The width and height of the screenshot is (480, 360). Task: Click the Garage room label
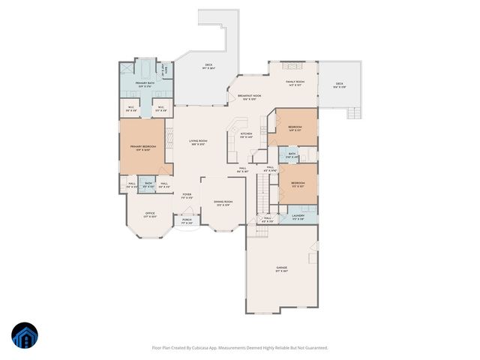pyautogui.click(x=282, y=268)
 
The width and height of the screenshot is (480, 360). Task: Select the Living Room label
pyautogui.click(x=198, y=142)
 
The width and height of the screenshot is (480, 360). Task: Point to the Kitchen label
pyautogui.click(x=246, y=135)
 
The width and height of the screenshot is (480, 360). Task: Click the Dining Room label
pyautogui.click(x=223, y=202)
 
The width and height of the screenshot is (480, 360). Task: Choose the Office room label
pyautogui.click(x=150, y=214)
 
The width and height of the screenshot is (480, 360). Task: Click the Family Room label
pyautogui.click(x=294, y=83)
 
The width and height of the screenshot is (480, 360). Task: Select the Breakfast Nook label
pyautogui.click(x=249, y=97)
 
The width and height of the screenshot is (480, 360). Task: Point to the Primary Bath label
pyautogui.click(x=145, y=84)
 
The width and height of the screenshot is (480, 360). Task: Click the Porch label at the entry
pyautogui.click(x=187, y=220)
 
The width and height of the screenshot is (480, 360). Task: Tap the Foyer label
pyautogui.click(x=187, y=196)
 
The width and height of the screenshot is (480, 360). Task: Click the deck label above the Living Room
pyautogui.click(x=209, y=67)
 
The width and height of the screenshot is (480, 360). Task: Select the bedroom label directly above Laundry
pyautogui.click(x=298, y=184)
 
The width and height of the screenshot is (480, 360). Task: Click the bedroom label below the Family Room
pyautogui.click(x=295, y=127)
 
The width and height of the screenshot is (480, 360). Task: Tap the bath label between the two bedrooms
pyautogui.click(x=292, y=155)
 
